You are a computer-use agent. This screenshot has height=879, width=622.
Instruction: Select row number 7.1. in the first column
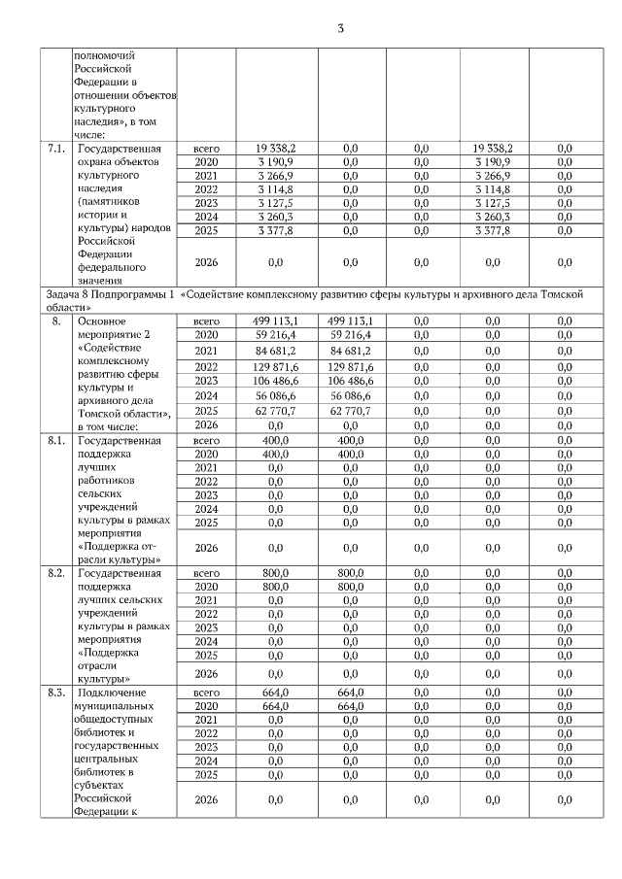click(56, 148)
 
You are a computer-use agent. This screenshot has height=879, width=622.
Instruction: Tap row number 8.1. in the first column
click(56, 439)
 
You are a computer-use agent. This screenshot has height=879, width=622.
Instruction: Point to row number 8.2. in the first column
click(56, 573)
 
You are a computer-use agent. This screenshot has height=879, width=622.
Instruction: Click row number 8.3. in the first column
click(56, 692)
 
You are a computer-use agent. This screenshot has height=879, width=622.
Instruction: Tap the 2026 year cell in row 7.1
click(206, 261)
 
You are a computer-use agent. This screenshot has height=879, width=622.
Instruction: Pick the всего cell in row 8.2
click(206, 573)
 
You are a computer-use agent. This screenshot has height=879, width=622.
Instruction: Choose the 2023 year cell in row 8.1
click(206, 494)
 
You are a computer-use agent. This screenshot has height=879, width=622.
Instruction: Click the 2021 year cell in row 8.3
click(206, 719)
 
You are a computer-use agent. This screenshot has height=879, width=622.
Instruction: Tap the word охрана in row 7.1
click(96, 161)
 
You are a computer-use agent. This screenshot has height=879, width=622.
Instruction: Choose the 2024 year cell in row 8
click(206, 395)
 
